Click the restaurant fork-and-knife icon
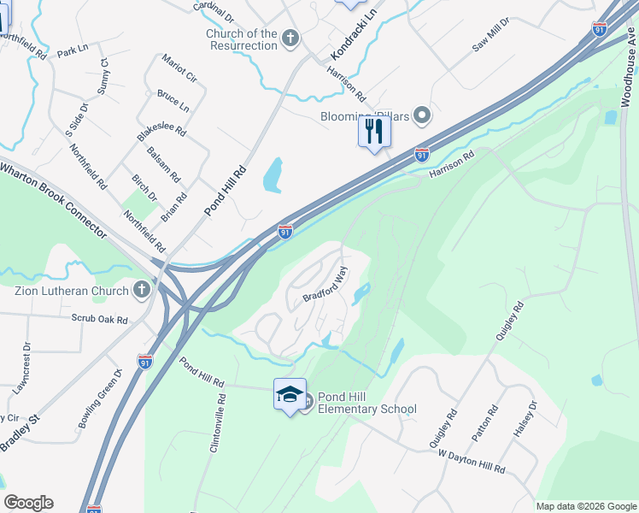coord(374,132)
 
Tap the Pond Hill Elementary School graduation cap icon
coord(290,394)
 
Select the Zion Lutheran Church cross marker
coord(143,291)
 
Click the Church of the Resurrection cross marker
coord(290,38)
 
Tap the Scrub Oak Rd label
coord(99,319)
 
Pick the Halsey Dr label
coord(525,420)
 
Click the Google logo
coord(28,503)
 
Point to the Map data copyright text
coord(585,506)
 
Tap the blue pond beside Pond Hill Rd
coord(273,175)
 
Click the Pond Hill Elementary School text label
coord(367,404)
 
